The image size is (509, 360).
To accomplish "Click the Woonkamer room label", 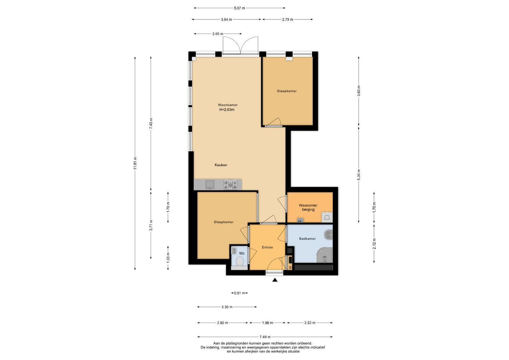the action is pos(228,105).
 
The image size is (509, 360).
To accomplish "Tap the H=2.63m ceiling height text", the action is pos(227,110).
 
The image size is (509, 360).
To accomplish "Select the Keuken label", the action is pos(221,165).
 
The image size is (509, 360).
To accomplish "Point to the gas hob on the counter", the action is pos(230,185).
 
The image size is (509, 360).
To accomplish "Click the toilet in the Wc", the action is pos(240,262).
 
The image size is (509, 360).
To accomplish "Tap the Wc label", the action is pos(242,253).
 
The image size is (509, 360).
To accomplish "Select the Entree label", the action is pos(267,247).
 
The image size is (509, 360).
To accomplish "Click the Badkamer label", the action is pos(308,239).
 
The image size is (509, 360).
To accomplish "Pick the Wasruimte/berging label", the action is pos(308,208).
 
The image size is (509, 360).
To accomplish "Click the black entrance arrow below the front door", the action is pos(275,280).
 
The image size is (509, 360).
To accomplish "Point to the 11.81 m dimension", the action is pos(135,163).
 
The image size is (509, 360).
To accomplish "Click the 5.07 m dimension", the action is pos(240,8).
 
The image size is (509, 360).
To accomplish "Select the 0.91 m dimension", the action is pos(240,293).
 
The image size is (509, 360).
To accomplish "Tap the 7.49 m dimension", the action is pos(265,337).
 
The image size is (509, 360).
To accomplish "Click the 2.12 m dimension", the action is pos(374,244).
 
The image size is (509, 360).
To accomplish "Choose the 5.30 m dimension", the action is pos(358,175).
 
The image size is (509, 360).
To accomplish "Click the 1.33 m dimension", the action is pos(168,258).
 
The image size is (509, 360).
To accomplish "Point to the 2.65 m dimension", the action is pos(218,34).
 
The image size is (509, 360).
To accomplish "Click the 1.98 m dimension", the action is pos(268,323).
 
